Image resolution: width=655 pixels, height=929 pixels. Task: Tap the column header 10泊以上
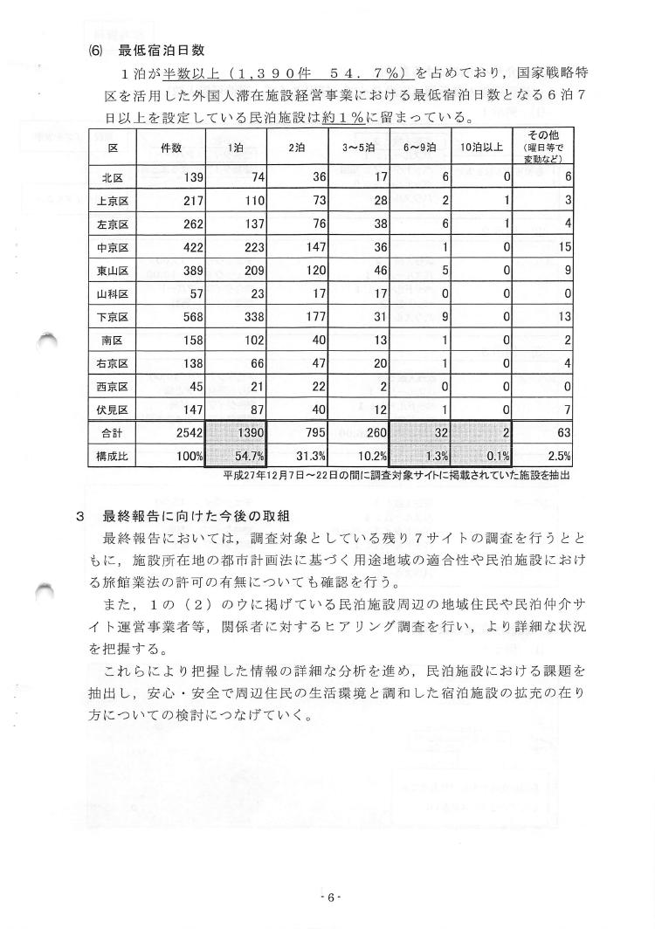(x=481, y=148)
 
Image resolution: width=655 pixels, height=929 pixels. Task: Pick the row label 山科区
(x=113, y=292)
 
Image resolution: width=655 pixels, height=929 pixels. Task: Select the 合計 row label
(x=113, y=430)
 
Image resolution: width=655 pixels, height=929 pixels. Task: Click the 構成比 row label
(x=113, y=455)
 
